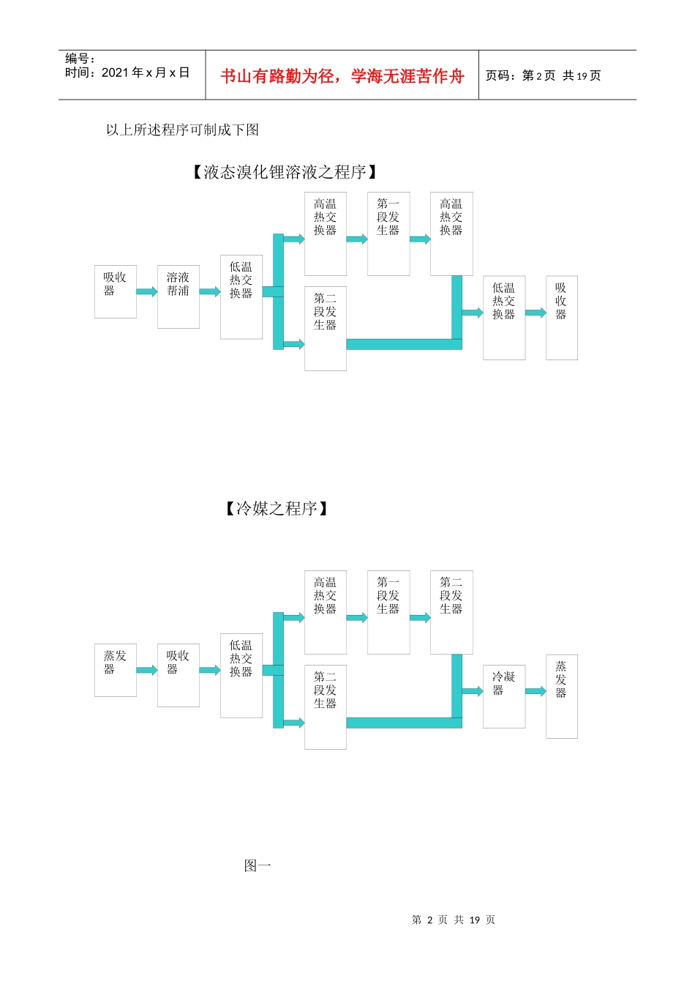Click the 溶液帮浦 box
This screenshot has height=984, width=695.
(179, 297)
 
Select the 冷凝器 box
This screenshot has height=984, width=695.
(504, 696)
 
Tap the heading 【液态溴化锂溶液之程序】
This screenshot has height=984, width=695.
(285, 172)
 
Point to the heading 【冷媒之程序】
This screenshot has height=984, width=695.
(277, 509)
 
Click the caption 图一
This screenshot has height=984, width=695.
(258, 866)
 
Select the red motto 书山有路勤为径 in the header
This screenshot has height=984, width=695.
(342, 76)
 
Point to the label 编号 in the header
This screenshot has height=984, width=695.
(80, 59)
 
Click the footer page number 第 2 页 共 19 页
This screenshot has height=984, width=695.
(454, 920)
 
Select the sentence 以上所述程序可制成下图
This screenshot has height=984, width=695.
(183, 130)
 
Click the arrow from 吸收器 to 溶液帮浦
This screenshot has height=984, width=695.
(147, 291)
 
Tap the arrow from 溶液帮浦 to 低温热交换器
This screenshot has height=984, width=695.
(210, 291)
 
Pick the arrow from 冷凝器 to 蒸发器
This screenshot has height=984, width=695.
(536, 691)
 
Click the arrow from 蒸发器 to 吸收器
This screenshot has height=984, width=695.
(147, 670)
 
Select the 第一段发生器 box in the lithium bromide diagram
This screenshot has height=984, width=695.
(388, 234)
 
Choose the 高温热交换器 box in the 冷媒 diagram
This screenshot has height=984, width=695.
(326, 612)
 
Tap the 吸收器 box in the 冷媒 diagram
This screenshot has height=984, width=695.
(179, 675)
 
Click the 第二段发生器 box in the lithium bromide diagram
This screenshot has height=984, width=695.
(326, 328)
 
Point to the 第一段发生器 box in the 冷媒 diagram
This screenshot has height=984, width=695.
(388, 612)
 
